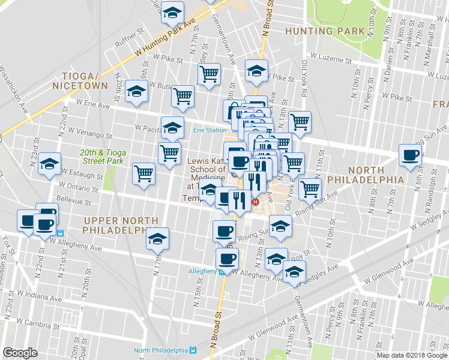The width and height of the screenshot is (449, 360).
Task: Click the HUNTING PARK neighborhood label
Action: (x=325, y=31)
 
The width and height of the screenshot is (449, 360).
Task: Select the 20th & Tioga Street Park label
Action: (x=102, y=157)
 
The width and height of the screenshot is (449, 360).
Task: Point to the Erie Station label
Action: (x=209, y=130)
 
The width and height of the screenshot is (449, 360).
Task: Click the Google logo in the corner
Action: (x=20, y=352)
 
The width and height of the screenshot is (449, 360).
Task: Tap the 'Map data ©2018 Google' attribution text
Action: (x=412, y=355)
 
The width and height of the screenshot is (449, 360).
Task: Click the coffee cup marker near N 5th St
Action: (x=411, y=155)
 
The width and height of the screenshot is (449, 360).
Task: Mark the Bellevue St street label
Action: (x=68, y=198)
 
